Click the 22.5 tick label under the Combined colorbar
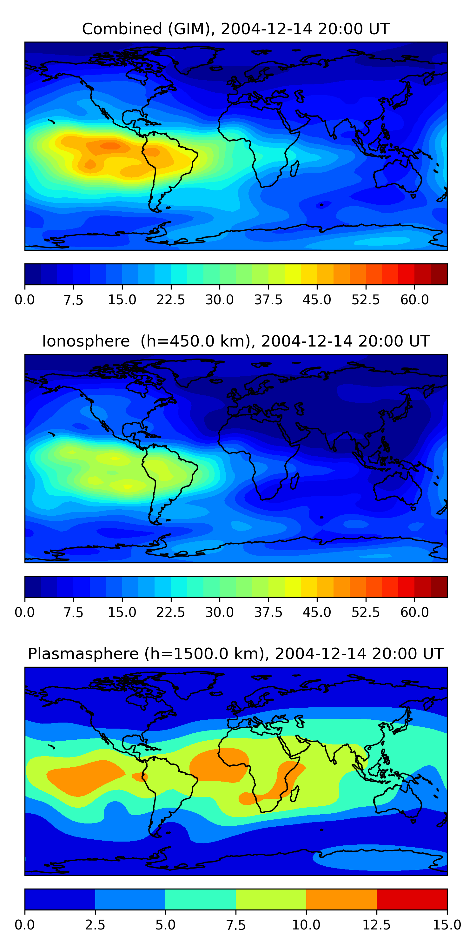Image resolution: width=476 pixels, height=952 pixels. point(171,300)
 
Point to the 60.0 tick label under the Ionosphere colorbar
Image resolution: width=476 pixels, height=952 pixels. point(414,612)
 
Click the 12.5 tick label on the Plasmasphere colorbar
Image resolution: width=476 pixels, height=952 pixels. point(376,925)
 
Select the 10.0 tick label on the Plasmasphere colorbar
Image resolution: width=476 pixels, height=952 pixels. point(306,925)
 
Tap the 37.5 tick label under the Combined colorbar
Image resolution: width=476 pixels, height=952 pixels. point(268,300)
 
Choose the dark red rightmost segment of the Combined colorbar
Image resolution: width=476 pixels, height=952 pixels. point(439,274)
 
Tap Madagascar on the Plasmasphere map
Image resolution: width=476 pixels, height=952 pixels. point(294,793)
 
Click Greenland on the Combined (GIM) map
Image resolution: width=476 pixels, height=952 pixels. point(194,57)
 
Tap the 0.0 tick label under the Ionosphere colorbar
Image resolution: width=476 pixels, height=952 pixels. point(25,612)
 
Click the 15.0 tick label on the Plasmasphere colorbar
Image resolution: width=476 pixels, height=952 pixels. point(447,925)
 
